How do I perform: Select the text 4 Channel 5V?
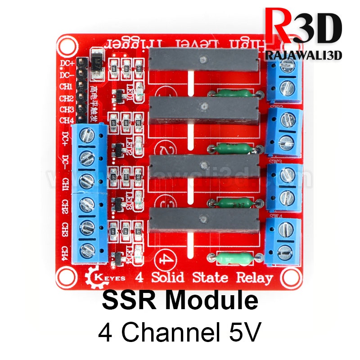pos(180,334)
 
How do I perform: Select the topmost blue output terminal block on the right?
pos(284,79)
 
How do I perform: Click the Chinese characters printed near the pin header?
pos(94,104)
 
